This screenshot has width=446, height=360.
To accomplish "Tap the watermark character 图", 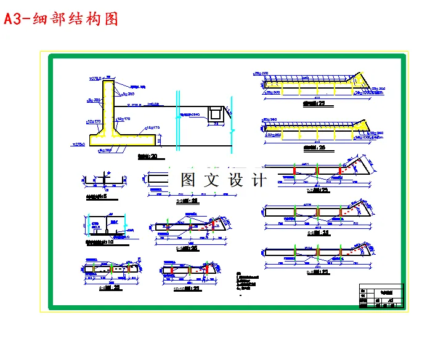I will [x=187, y=180].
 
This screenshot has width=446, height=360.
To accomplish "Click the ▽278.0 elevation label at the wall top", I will [x=95, y=79].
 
